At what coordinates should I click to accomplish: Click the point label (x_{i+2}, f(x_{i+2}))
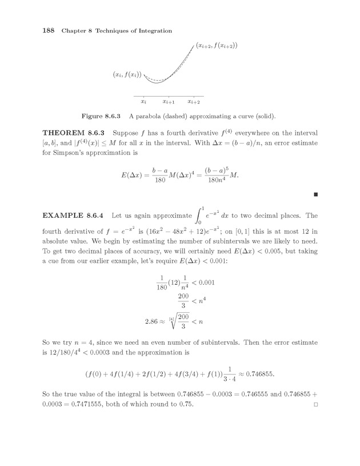click(217, 45)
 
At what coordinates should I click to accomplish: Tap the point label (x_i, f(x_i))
click(127, 74)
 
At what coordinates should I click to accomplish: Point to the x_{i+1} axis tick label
click(169, 102)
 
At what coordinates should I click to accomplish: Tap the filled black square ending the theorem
click(315, 195)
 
